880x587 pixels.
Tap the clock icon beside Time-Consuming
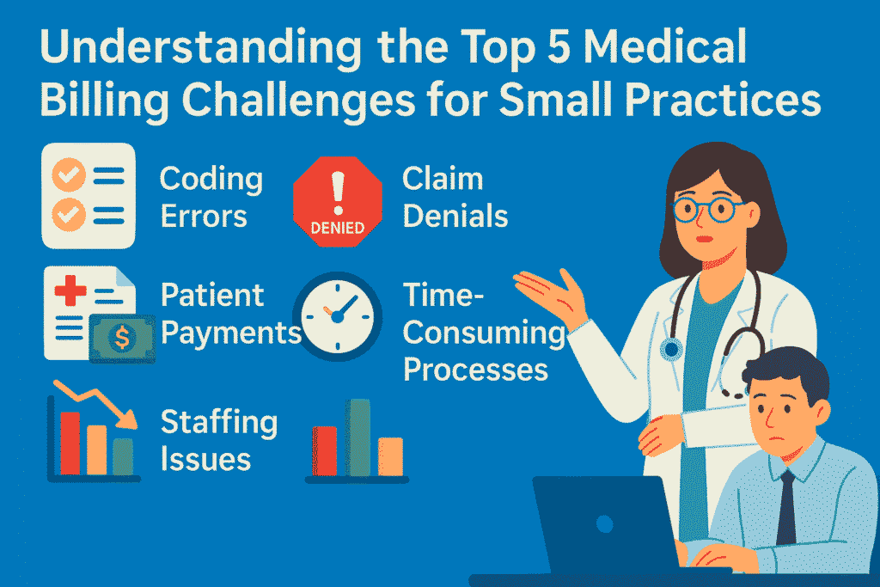(x=338, y=315)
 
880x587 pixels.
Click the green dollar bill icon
(x=122, y=339)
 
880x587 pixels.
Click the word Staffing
(x=219, y=424)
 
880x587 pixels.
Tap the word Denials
(x=455, y=216)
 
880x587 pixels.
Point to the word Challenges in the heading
(x=292, y=104)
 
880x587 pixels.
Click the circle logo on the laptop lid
(x=605, y=523)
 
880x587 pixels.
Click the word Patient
(x=213, y=296)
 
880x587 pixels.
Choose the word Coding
(x=211, y=180)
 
